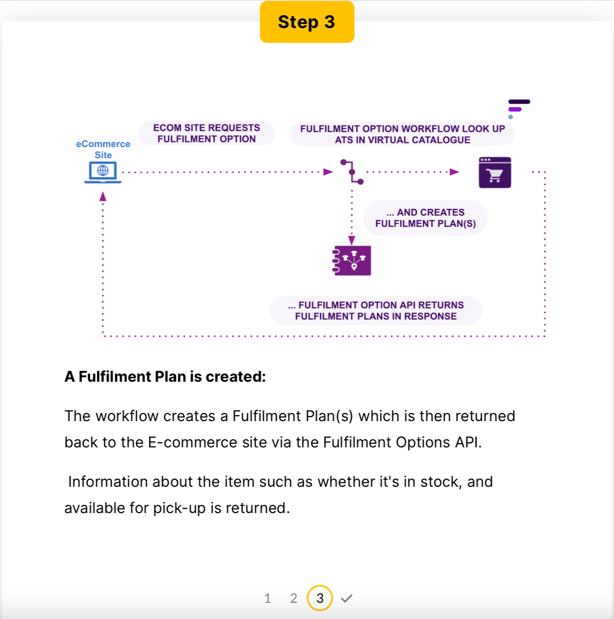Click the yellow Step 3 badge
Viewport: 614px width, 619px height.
click(307, 22)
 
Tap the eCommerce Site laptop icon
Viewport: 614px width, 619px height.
click(103, 172)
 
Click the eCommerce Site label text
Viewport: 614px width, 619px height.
click(103, 149)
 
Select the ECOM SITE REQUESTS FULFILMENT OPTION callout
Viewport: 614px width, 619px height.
click(206, 134)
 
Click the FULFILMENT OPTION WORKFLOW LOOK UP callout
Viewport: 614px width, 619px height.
click(402, 134)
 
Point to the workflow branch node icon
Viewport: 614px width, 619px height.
click(352, 172)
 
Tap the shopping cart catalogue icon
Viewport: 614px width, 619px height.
click(495, 172)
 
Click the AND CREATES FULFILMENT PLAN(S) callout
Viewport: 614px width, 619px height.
click(425, 218)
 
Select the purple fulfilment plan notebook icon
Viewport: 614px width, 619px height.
click(352, 260)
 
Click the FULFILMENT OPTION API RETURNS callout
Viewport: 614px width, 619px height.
click(376, 310)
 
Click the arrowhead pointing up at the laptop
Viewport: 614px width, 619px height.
click(103, 197)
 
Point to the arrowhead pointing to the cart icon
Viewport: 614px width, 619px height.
click(455, 172)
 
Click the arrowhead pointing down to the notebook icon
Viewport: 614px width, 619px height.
click(352, 240)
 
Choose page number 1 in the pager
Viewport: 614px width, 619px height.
click(268, 598)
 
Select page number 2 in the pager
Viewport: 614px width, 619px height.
click(293, 598)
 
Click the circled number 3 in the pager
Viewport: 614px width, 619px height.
click(320, 598)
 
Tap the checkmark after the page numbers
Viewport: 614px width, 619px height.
click(346, 598)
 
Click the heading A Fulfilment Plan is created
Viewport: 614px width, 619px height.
click(165, 376)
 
